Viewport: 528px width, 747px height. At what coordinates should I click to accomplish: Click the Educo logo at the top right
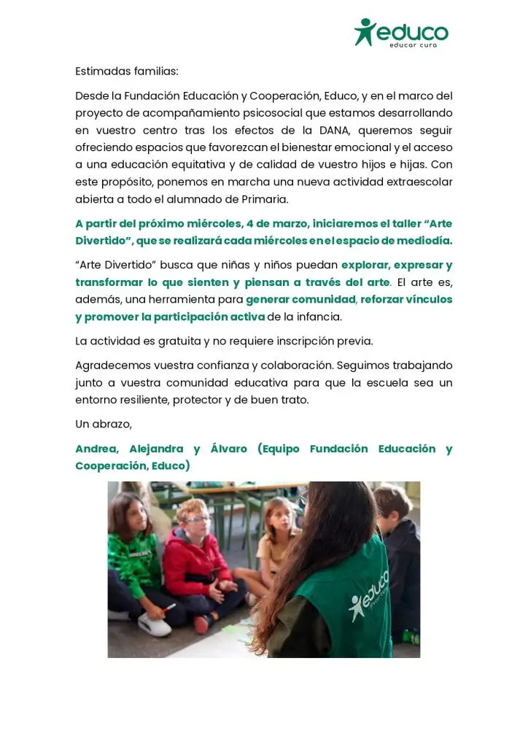pos(401,33)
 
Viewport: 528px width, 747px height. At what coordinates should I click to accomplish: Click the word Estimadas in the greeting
pos(101,71)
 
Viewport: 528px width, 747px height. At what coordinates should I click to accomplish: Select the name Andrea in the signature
pos(97,449)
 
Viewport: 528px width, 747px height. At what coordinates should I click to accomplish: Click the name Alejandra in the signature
pos(156,449)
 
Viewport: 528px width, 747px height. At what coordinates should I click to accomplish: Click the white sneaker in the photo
pos(154,624)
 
